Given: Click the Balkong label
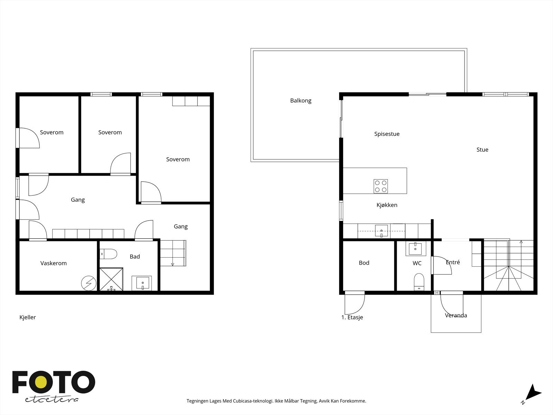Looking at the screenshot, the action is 301,101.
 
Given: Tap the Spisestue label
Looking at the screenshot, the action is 387,134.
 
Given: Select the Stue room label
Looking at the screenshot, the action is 482,150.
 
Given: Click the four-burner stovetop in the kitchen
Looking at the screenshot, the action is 381,186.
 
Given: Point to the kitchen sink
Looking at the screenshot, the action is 382,231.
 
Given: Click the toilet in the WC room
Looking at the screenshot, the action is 419,282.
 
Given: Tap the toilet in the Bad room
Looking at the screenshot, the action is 108,254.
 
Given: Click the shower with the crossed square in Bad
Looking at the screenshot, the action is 111,279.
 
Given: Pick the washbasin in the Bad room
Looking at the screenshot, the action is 142,283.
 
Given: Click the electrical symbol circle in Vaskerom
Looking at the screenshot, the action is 89,283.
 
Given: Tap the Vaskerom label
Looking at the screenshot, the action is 54,263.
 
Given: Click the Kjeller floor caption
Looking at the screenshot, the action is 27,317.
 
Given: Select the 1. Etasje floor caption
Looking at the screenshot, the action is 352,317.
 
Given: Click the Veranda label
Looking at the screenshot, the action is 456,315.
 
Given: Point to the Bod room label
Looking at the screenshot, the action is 364,263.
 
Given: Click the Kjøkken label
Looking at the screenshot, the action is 387,205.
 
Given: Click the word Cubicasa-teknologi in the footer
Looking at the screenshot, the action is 253,401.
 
